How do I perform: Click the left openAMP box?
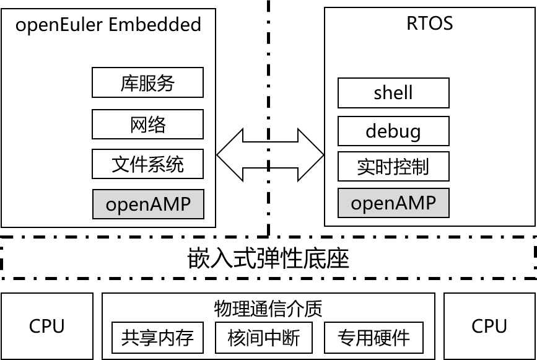(148, 204)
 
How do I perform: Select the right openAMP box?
(393, 203)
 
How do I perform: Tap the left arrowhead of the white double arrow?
(230, 155)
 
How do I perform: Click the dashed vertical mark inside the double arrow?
(269, 155)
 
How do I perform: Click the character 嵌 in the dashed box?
(199, 258)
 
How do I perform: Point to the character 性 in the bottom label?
(292, 258)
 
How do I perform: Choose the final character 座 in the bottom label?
(338, 258)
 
